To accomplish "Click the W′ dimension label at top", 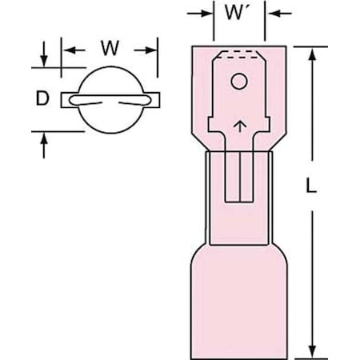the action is click(x=235, y=13).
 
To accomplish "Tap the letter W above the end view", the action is click(x=110, y=48).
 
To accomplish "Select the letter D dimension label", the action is click(x=42, y=98).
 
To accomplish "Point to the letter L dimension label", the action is click(x=310, y=186).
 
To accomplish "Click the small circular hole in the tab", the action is click(x=239, y=81).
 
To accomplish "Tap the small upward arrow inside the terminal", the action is click(x=240, y=126).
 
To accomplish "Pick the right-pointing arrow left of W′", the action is click(x=199, y=13).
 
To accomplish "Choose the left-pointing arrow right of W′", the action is click(x=280, y=13).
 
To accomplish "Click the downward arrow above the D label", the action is click(x=44, y=54).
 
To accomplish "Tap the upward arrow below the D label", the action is click(x=44, y=146).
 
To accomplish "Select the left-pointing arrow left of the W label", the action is click(x=74, y=50).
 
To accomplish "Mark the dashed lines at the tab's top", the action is click(x=239, y=54).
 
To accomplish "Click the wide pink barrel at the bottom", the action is click(x=239, y=302).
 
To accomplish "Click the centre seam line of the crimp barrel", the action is click(x=240, y=176).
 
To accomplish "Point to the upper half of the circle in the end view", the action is click(x=110, y=66).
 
